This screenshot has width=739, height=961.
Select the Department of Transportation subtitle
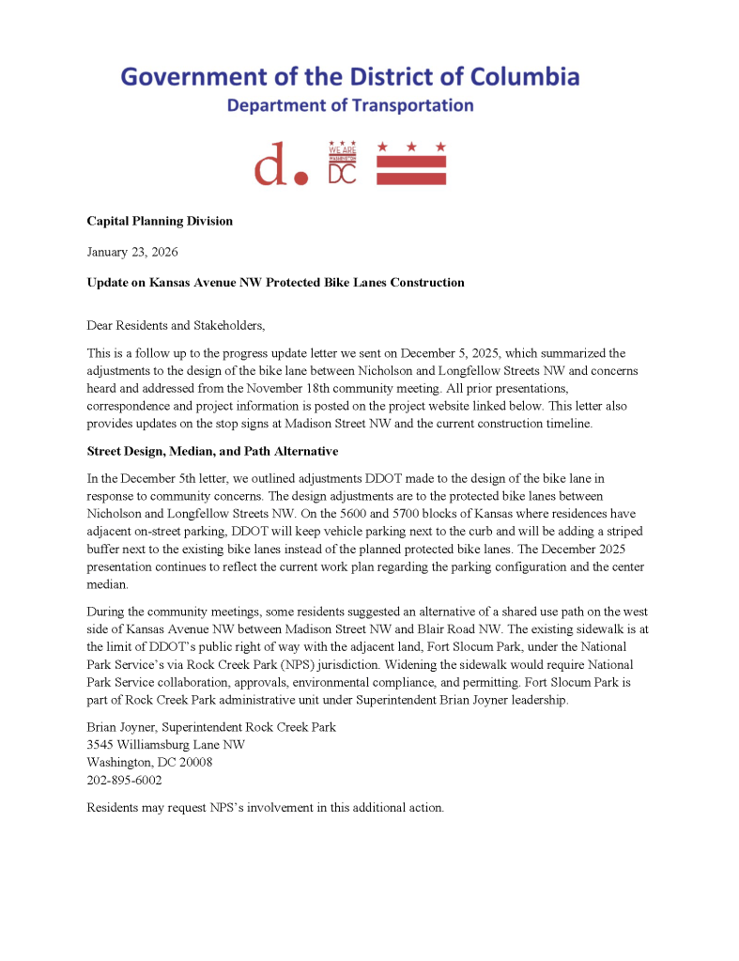coord(349,105)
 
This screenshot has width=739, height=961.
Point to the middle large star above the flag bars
coord(411,147)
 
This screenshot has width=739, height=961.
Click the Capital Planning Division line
coord(160,221)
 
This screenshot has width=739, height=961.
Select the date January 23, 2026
coord(132,252)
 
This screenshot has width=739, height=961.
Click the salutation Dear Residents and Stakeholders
coord(176,325)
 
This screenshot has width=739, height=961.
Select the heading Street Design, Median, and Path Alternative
coord(212,452)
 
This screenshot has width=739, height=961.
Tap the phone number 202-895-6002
coord(124,780)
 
